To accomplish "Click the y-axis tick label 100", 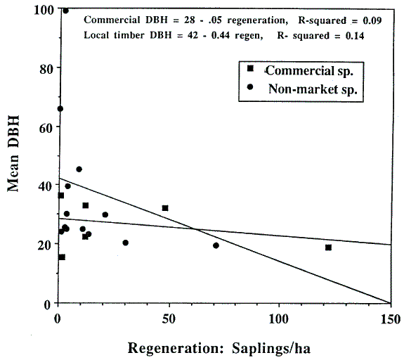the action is pyautogui.click(x=44, y=11).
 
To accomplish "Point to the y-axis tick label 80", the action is pyautogui.click(x=46, y=69).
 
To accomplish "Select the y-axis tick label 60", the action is pyautogui.click(x=46, y=128).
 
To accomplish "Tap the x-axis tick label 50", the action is pyautogui.click(x=169, y=319).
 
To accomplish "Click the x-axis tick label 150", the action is pyautogui.click(x=391, y=319).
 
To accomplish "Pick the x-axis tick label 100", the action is pyautogui.click(x=279, y=319).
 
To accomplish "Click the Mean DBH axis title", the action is pyautogui.click(x=13, y=154).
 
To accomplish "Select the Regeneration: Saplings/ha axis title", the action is pyautogui.click(x=219, y=348).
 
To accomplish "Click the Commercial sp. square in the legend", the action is pyautogui.click(x=250, y=68).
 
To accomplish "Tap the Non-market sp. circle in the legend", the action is pyautogui.click(x=250, y=87).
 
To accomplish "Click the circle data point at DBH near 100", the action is pyautogui.click(x=65, y=11).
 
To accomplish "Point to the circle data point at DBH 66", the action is pyautogui.click(x=60, y=109).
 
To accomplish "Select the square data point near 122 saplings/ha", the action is pyautogui.click(x=328, y=247).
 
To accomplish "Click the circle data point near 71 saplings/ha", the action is pyautogui.click(x=216, y=245).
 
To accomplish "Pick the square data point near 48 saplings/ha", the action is pyautogui.click(x=165, y=208).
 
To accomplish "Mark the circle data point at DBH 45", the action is pyautogui.click(x=79, y=169).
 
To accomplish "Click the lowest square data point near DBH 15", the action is pyautogui.click(x=62, y=257).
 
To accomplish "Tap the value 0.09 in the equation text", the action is pyautogui.click(x=372, y=20).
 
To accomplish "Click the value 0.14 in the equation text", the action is pyautogui.click(x=355, y=36).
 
